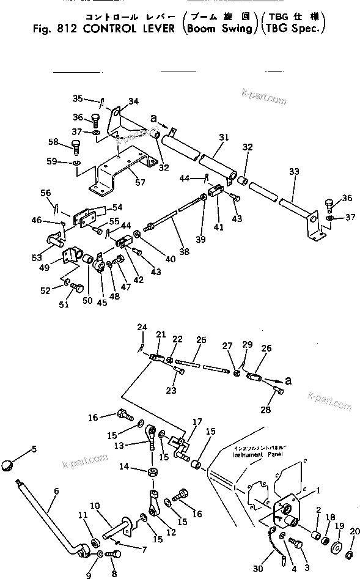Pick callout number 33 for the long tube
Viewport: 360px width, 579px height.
(x=295, y=173)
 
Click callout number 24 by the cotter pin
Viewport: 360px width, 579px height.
(x=142, y=327)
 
